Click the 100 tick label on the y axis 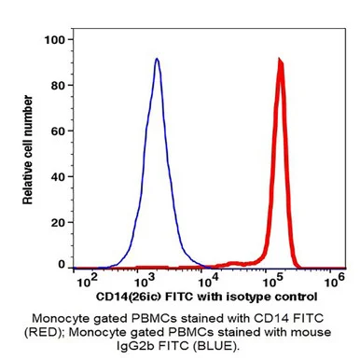tap(54, 40)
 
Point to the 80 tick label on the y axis tap(58, 86)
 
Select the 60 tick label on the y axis tap(58, 132)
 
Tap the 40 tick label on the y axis tap(58, 177)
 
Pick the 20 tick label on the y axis tap(58, 223)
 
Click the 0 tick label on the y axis tap(62, 265)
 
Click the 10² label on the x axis tap(86, 281)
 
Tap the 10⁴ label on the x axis tap(209, 281)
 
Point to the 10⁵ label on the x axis tap(272, 281)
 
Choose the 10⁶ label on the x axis tap(335, 281)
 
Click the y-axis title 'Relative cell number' tap(28, 150)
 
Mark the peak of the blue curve tap(157, 59)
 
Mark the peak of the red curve tap(281, 60)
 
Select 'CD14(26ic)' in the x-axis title tap(129, 297)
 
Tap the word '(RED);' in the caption tap(45, 332)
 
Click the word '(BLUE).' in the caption tap(216, 346)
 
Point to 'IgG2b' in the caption tap(135, 346)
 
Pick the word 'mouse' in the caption tap(311, 332)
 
